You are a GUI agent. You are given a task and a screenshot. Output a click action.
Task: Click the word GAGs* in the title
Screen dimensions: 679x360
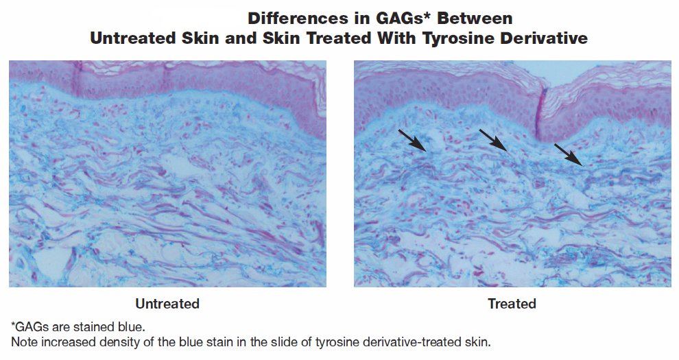[x=398, y=19]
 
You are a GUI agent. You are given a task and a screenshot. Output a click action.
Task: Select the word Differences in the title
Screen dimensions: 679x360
[x=296, y=19]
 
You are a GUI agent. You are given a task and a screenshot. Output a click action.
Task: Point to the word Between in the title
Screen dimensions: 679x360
[x=475, y=19]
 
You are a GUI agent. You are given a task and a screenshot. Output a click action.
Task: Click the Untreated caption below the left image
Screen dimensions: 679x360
[x=167, y=304]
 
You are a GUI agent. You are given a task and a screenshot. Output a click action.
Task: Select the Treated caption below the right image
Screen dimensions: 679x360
[x=512, y=304]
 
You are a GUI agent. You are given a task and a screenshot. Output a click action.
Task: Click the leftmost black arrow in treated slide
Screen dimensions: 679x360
[x=412, y=140]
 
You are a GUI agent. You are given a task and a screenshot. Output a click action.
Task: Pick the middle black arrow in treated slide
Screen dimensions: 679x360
[x=493, y=140]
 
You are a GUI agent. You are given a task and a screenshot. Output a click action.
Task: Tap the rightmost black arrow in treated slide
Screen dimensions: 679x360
[x=569, y=155]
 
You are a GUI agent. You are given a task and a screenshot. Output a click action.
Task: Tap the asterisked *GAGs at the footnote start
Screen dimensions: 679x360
[x=29, y=326]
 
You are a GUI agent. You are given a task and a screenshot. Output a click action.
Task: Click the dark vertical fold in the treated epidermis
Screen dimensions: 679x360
[x=541, y=113]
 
